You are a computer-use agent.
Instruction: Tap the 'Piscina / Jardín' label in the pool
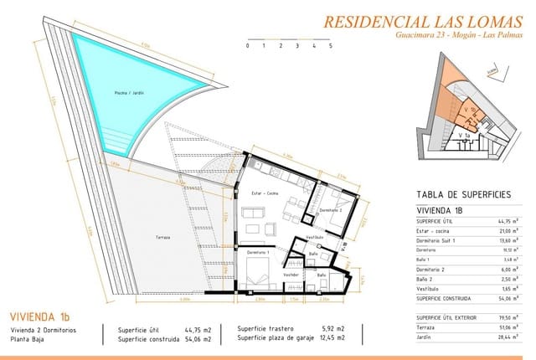tap(130, 93)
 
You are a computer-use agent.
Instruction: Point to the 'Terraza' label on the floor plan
tap(162, 237)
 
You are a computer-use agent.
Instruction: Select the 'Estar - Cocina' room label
tap(265, 193)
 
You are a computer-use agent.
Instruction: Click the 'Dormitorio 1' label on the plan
tap(257, 251)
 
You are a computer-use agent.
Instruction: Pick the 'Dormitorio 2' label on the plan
tap(330, 209)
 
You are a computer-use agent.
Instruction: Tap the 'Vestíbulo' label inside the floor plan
tap(315, 236)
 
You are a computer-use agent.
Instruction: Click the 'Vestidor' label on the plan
tap(291, 275)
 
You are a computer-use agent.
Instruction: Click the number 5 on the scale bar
tap(331, 47)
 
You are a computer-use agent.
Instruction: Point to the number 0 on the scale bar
tap(248, 47)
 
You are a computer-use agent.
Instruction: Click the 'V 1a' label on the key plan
tap(463, 135)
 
